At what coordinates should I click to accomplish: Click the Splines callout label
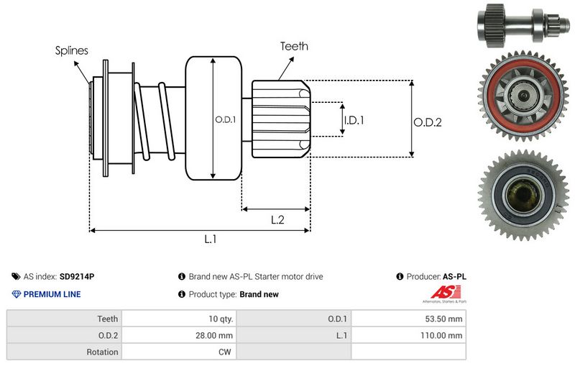(72, 51)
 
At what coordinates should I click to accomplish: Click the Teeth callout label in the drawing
(294, 46)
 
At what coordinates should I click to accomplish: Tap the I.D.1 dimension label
(354, 120)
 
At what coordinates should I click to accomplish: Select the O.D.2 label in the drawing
(428, 122)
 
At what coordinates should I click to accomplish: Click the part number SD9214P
(77, 276)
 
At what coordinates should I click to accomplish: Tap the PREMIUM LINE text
(52, 294)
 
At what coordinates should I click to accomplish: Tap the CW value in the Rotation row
(225, 352)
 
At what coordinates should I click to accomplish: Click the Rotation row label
(102, 352)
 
